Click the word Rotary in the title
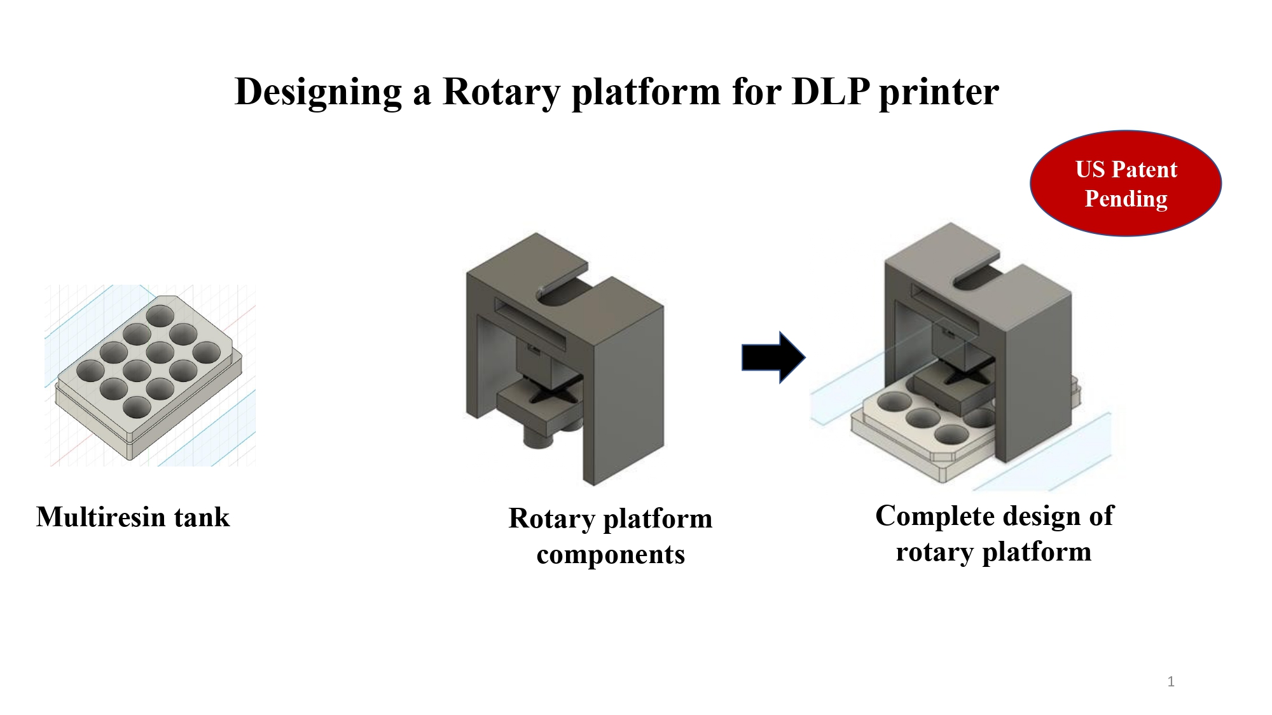point(501,92)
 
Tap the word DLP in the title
point(830,92)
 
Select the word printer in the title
point(939,92)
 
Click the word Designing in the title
point(318,92)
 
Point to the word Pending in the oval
point(1126,199)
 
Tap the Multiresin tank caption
point(133,517)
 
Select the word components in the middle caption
point(611,554)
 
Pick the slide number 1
point(1171,682)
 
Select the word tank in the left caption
point(202,517)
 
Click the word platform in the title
point(646,92)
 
